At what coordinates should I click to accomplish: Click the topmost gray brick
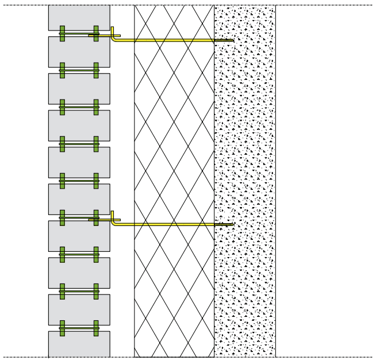(x=79, y=17)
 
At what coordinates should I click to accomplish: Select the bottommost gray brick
(x=79, y=344)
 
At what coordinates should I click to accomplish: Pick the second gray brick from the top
(x=79, y=52)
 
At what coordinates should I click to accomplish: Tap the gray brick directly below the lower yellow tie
(x=79, y=236)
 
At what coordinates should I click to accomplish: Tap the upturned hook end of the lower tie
(x=113, y=215)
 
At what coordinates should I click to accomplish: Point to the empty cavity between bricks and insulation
(x=122, y=144)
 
